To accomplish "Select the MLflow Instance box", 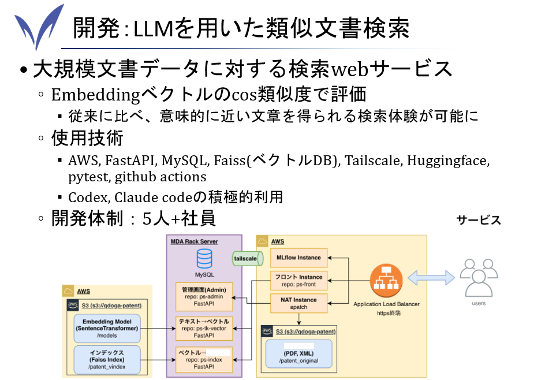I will (x=298, y=258).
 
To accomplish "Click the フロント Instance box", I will (x=298, y=281).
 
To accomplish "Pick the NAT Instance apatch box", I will (x=298, y=303).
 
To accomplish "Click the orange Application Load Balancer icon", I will (x=386, y=281).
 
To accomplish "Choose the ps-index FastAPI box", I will (x=204, y=359).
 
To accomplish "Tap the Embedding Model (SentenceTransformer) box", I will (x=107, y=328).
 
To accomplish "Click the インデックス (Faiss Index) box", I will (x=107, y=359).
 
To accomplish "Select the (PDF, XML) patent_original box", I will (x=298, y=353).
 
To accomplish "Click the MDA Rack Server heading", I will (x=194, y=241).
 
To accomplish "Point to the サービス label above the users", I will (x=479, y=220).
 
